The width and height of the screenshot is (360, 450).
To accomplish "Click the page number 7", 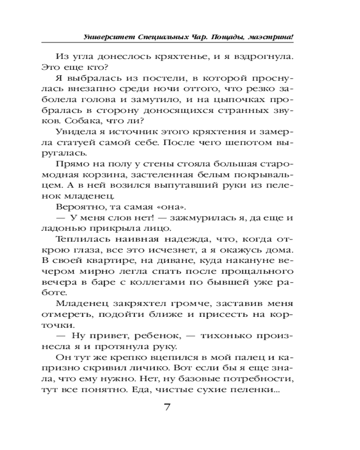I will (167, 408).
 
